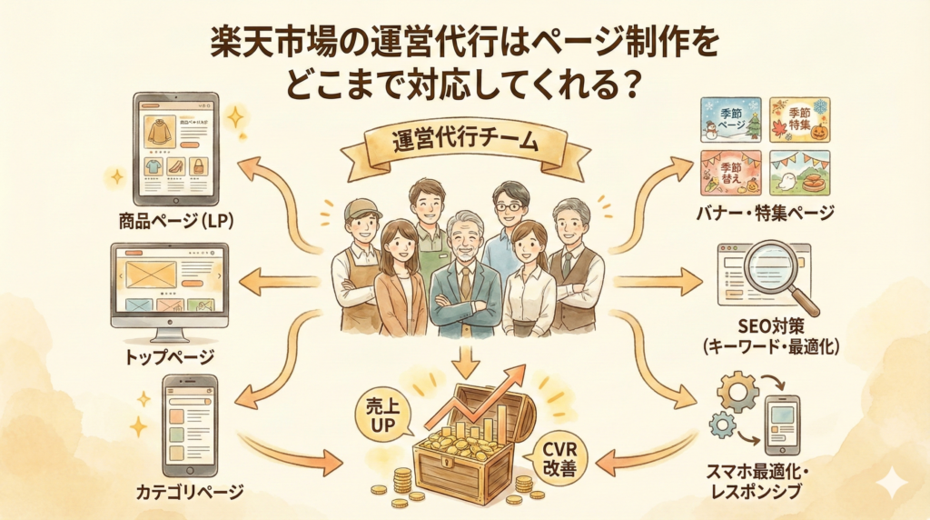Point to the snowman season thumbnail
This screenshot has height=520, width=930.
pos(731,120)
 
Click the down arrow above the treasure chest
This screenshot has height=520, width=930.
pos(464,361)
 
